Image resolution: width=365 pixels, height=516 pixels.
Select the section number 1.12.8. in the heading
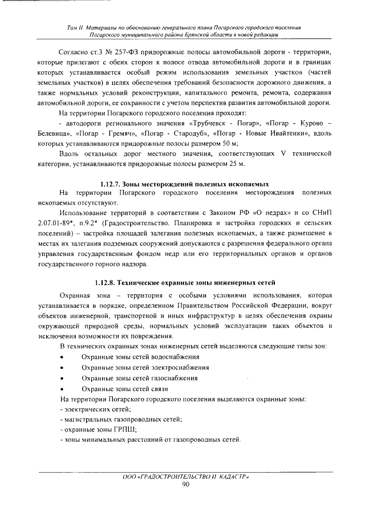click(106, 282)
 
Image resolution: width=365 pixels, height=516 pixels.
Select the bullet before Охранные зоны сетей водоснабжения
click(62, 356)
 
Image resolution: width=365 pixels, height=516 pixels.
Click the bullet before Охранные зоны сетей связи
click(62, 389)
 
